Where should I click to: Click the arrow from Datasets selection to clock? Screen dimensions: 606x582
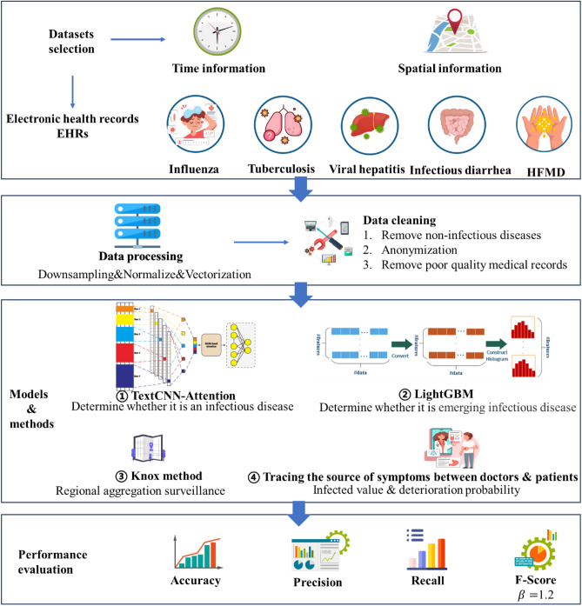pyautogui.click(x=130, y=39)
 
